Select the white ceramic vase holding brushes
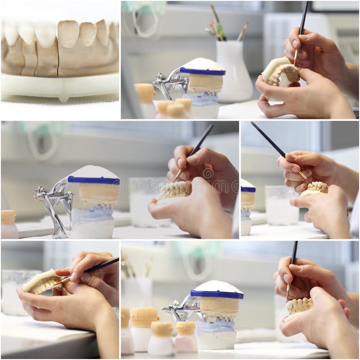coord(234,72)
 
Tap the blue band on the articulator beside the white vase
coord(202,71)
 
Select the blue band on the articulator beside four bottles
coord(216,294)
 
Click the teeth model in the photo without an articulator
coord(43,281)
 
